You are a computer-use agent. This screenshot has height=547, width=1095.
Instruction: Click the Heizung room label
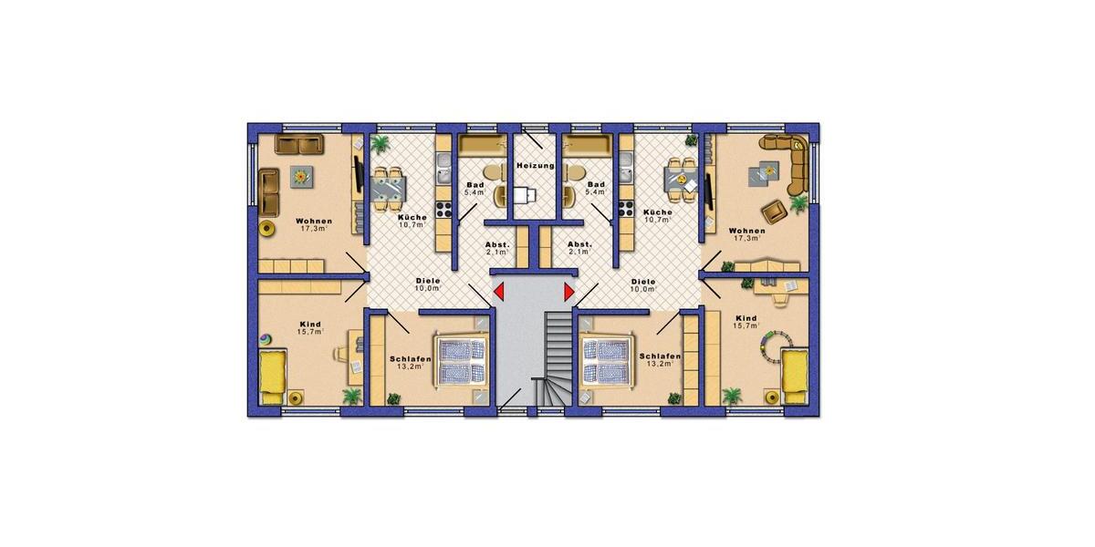pos(536,166)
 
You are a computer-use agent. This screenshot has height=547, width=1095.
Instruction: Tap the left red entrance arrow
pos(499,292)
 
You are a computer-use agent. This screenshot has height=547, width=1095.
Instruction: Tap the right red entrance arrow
pos(569,292)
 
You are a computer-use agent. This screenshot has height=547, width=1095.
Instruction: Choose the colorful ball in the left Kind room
pos(265,340)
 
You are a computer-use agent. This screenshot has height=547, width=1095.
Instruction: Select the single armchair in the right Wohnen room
pos(775,211)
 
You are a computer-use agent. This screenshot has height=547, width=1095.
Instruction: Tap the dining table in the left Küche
pos(387,182)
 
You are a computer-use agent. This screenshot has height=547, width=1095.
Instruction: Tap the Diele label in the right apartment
pos(643,282)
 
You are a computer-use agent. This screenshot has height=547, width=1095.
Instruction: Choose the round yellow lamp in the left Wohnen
pos(267,227)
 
